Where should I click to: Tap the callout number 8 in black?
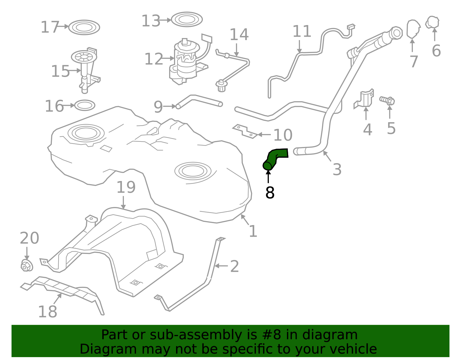pos(270,193)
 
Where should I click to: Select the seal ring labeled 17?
pos(84,28)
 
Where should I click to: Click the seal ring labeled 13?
pos(187,20)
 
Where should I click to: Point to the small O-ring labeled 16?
pos(85,105)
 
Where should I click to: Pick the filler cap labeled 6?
pos(432,22)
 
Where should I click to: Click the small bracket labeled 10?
pos(245,131)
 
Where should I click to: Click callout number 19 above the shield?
pos(126,187)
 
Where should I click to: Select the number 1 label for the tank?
pos(253,231)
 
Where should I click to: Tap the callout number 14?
pos(239,35)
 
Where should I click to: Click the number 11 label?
pos(302,31)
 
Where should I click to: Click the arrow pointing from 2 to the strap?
pos(221,266)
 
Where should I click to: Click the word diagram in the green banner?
pos(338,335)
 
